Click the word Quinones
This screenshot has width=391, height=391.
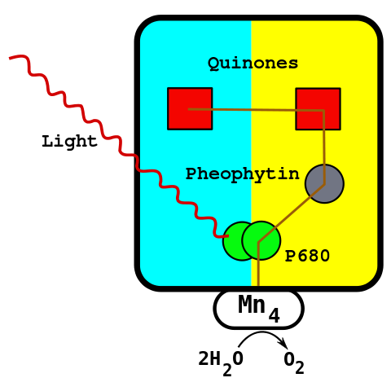[x=253, y=64]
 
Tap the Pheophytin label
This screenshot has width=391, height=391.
[x=242, y=174]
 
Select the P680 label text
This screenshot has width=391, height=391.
[x=307, y=257]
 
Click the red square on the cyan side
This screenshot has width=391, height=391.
[x=190, y=108]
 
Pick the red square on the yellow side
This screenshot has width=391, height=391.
[x=318, y=108]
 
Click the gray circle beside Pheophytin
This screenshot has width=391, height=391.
[x=324, y=183]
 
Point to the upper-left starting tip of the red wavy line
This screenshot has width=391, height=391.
[x=11, y=58]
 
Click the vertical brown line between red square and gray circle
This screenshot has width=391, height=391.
[x=324, y=143]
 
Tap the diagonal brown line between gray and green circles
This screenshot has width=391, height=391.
[x=292, y=213]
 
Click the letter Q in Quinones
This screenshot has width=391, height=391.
[x=213, y=64]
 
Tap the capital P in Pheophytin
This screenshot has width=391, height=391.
[x=191, y=174]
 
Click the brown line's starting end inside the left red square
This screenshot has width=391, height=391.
[x=189, y=108]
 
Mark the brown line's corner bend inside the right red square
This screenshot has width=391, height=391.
[x=323, y=110]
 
